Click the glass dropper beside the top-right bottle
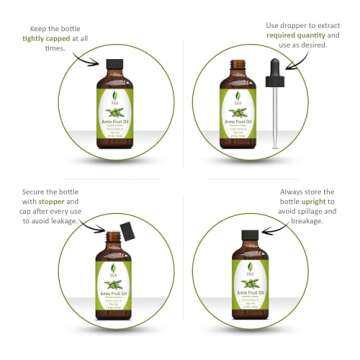coord(275,115)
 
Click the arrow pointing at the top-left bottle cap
coord(93,62)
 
